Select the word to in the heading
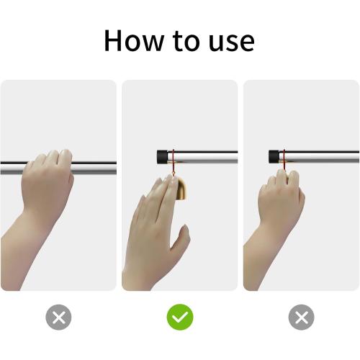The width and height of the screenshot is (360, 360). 190,41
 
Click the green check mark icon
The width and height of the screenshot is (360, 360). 179,318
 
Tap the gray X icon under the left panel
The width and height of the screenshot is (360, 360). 58,318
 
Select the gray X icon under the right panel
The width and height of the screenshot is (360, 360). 301,318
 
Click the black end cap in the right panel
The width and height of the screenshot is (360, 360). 274,157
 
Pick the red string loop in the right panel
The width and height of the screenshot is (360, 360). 284,162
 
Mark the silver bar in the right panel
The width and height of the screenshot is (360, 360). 324,157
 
